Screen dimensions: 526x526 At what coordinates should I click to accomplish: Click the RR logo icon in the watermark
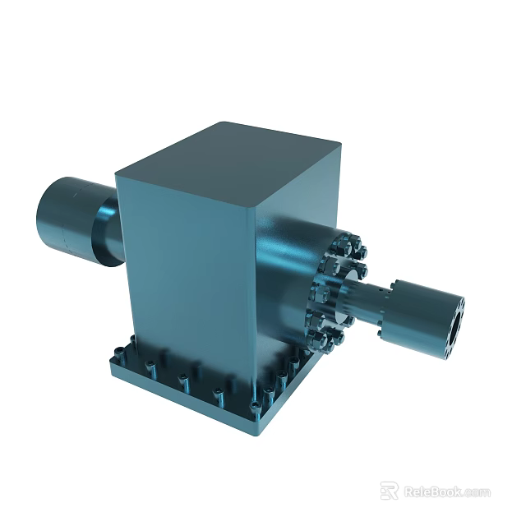coord(390,491)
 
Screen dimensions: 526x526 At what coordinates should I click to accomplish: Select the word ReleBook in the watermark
coord(432,491)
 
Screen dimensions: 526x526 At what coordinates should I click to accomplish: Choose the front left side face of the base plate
coord(181,393)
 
